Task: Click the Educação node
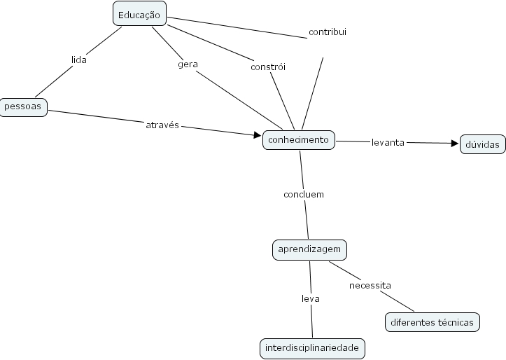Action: pos(140,15)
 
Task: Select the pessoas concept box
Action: pos(23,107)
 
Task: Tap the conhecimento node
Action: pos(299,140)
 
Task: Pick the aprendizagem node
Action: pos(309,249)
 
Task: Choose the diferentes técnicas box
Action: pos(433,322)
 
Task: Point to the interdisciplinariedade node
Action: pos(312,347)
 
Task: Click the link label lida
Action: pos(79,60)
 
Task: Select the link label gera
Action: pos(188,64)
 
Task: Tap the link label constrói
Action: pos(268,67)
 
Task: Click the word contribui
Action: pos(327,32)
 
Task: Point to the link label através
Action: pos(162,125)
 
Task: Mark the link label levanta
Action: pos(388,142)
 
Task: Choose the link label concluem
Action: pos(304,194)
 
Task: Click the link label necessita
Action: pos(370,285)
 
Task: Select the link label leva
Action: pos(310,298)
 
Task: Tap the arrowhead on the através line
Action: pos(256,134)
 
